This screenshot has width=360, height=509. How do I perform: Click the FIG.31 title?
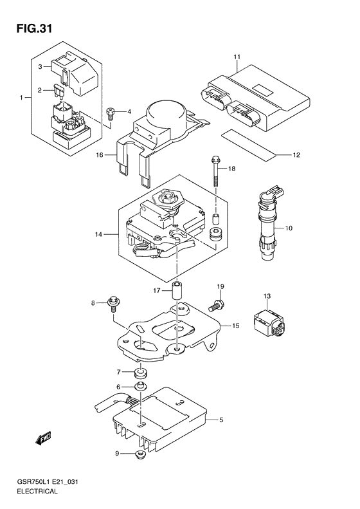[x=34, y=28]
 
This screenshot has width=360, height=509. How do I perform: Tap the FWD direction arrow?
[x=43, y=438]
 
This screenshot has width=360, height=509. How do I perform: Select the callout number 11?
[x=237, y=57]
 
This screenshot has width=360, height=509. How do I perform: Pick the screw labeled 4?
[x=111, y=114]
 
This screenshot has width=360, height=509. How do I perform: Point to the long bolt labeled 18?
[x=215, y=172]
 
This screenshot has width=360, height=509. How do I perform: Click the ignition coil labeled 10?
[x=268, y=223]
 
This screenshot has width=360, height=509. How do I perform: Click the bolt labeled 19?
[x=215, y=306]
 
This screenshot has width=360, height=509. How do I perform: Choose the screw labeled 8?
[x=113, y=304]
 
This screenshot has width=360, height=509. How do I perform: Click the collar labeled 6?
[x=140, y=386]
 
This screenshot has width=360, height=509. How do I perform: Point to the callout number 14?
[x=98, y=234]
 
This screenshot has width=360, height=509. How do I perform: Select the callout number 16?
[x=100, y=155]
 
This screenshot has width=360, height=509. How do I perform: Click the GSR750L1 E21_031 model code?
[x=48, y=482]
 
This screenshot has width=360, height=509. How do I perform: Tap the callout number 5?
[x=221, y=420]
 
